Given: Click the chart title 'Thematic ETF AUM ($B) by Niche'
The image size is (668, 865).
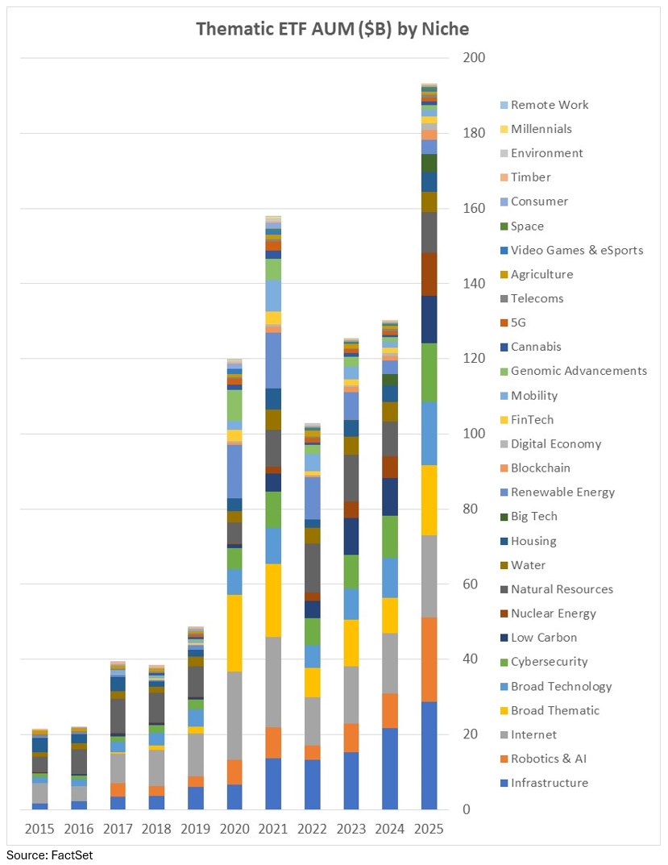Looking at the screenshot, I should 333,29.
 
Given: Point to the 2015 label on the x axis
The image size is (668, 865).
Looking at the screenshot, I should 39,829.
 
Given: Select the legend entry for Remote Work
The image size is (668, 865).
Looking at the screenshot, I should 550,105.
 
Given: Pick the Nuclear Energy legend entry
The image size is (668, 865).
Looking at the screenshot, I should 554,613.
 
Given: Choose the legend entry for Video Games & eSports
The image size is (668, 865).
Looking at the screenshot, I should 577,250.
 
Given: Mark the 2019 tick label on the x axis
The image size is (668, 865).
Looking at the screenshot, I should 195,829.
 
